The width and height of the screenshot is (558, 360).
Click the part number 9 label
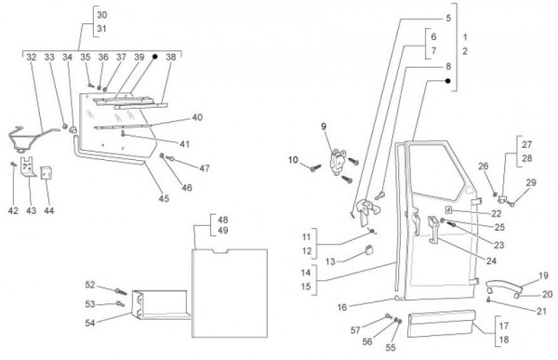[324, 127]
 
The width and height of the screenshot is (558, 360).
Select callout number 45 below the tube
[164, 198]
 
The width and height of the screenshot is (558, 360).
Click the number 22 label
[496, 213]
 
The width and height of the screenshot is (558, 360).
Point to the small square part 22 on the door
[448, 209]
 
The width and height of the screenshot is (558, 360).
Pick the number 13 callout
[330, 261]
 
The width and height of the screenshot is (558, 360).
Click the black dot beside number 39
[154, 57]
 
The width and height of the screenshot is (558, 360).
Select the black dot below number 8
[448, 81]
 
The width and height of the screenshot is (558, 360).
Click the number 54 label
[90, 323]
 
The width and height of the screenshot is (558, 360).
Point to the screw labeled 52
[121, 292]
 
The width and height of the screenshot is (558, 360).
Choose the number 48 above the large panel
[223, 220]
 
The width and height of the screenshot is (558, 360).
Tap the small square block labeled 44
[46, 173]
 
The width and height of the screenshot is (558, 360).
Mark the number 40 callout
[197, 117]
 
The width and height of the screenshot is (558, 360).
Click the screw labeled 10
[315, 167]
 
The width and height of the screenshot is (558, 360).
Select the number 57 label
[355, 330]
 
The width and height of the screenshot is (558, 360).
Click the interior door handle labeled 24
[433, 230]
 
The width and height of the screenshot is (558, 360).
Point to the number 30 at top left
[101, 15]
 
